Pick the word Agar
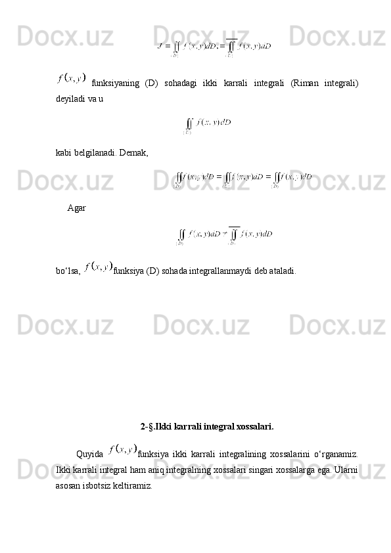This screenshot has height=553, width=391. [x=76, y=208]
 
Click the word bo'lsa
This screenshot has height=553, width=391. [x=68, y=270]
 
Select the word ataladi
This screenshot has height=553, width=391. [x=281, y=270]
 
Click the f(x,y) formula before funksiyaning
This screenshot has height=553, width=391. [x=71, y=79]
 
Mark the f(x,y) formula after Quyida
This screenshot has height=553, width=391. [x=124, y=450]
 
